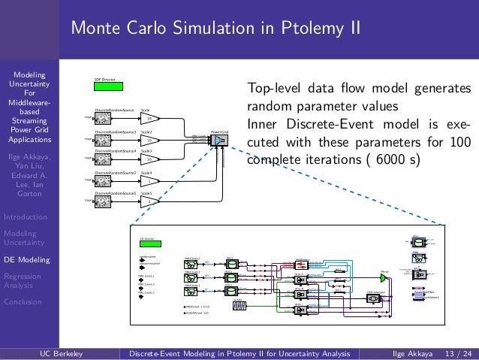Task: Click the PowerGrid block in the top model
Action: (219, 141)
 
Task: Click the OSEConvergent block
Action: (373, 298)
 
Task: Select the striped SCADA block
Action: (239, 306)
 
